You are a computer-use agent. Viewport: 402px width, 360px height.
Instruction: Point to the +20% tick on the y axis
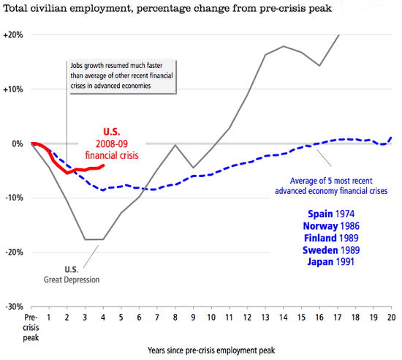(13, 35)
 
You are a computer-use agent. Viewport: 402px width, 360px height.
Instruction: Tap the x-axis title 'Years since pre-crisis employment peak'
(213, 349)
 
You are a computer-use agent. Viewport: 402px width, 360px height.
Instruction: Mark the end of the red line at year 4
(103, 165)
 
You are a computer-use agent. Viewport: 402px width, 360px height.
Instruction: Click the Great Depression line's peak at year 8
(175, 145)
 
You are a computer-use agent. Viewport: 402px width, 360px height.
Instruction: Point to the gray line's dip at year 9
(194, 168)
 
